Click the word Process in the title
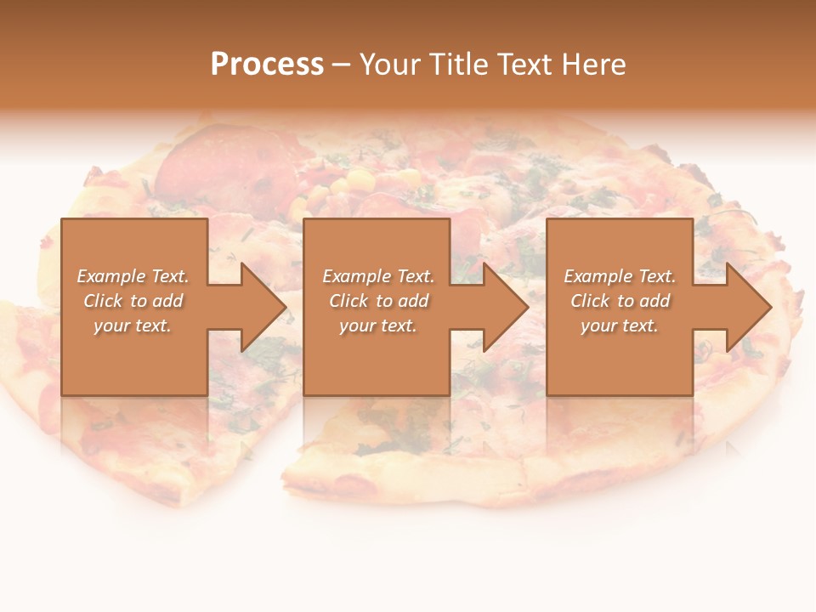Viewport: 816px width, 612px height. [267, 65]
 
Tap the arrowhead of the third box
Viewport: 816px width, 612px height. [747, 307]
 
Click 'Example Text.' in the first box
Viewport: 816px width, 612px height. [133, 276]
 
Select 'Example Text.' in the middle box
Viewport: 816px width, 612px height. [377, 276]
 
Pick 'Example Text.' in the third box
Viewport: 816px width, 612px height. [620, 276]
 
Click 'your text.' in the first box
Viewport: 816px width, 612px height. [133, 326]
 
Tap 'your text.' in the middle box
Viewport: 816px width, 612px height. [377, 326]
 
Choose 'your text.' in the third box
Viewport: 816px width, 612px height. [620, 326]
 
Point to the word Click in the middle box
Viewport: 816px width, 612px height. [348, 301]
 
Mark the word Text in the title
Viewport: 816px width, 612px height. [526, 65]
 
